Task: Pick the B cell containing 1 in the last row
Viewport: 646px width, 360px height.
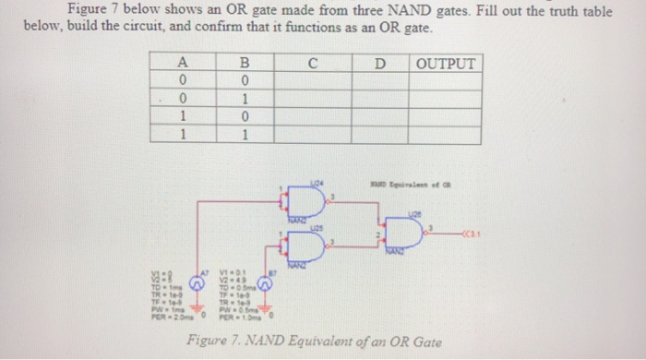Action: click(245, 135)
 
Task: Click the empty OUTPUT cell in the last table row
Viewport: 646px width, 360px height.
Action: click(447, 135)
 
